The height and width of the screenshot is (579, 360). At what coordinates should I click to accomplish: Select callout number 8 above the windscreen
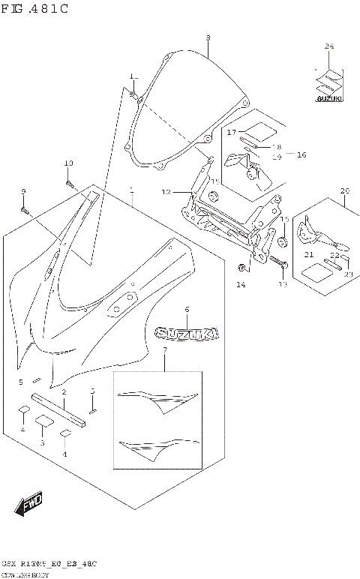click(x=208, y=37)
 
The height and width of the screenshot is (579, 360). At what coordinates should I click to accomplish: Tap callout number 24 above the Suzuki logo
click(x=328, y=46)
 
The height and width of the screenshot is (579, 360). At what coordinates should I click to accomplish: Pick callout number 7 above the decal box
click(x=164, y=350)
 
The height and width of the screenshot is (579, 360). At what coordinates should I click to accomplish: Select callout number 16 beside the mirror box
click(x=301, y=154)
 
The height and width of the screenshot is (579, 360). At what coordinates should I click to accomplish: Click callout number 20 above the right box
click(x=344, y=190)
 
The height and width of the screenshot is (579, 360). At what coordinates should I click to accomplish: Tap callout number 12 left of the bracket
click(x=166, y=192)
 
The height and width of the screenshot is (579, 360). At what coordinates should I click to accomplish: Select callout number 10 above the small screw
click(x=68, y=163)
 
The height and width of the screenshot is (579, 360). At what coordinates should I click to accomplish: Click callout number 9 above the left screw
click(x=22, y=191)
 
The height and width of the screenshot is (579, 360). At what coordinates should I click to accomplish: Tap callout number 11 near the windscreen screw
click(x=133, y=77)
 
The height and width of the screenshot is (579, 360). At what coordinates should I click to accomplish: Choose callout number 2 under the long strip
click(x=64, y=391)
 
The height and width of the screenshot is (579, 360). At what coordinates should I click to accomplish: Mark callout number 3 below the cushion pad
click(x=43, y=443)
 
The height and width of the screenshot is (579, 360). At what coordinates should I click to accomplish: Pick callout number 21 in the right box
click(x=308, y=255)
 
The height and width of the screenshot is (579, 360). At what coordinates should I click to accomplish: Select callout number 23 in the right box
click(x=348, y=274)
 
